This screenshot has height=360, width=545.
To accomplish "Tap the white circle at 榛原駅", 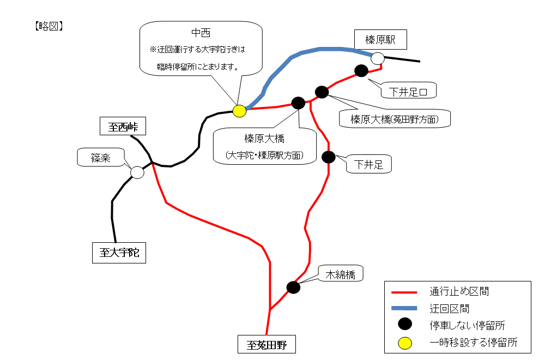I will click(x=377, y=58).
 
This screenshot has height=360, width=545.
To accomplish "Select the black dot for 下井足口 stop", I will click(x=361, y=70).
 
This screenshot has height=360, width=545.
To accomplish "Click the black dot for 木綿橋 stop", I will click(x=293, y=287).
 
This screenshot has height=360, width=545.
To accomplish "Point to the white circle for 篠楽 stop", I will click(x=137, y=172).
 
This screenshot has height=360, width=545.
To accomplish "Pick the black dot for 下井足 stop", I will click(x=329, y=157).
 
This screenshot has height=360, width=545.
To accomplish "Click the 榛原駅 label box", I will click(x=380, y=40).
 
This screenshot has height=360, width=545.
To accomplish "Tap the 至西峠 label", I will click(x=123, y=127).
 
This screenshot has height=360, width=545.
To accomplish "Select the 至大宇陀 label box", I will click(x=119, y=253).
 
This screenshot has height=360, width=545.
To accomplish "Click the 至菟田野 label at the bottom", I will click(x=267, y=345).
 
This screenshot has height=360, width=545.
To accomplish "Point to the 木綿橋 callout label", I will click(x=340, y=274).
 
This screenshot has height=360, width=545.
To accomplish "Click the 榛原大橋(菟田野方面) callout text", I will click(x=395, y=119).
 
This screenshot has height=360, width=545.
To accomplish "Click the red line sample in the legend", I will click(x=404, y=292).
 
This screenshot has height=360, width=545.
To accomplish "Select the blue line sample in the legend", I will click(x=404, y=309).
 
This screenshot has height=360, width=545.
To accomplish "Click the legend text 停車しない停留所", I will click(x=467, y=326).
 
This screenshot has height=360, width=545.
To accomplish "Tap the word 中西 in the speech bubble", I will click(x=201, y=33).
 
